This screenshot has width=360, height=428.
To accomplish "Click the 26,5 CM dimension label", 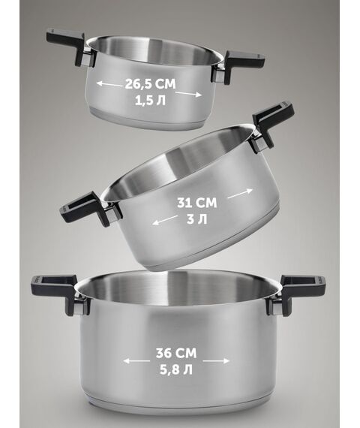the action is click(150, 84).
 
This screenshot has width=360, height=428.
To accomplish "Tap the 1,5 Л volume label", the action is click(150, 101).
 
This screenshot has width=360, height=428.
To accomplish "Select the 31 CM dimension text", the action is click(197, 203).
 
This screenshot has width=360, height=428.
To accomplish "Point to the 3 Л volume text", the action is click(196, 219).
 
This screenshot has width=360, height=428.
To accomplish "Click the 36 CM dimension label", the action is click(176, 353).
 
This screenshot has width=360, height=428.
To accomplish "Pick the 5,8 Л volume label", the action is click(176, 370).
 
